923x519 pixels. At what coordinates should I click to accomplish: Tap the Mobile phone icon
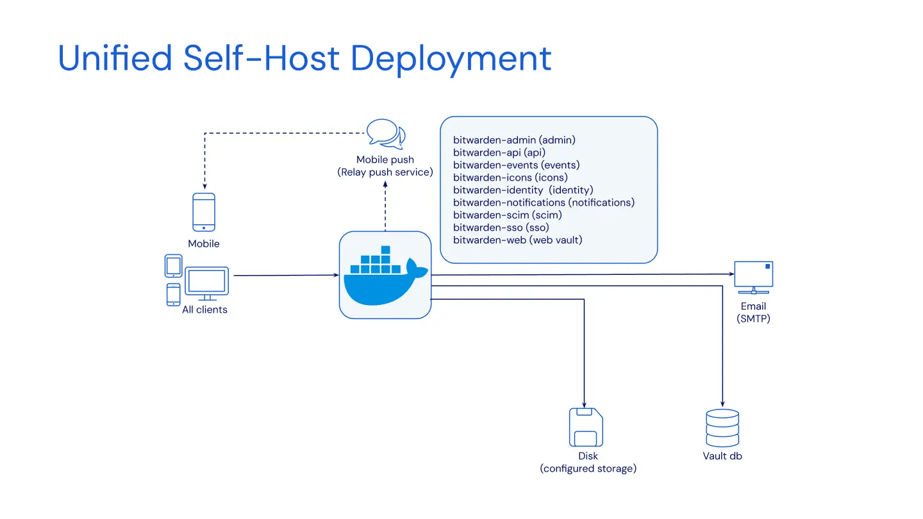204,212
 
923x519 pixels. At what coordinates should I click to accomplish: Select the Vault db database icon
722,428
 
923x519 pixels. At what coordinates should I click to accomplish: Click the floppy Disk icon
586,427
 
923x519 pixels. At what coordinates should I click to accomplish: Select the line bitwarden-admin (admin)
514,140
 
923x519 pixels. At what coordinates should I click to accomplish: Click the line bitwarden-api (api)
499,152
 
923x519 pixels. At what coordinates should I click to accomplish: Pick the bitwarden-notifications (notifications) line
544,202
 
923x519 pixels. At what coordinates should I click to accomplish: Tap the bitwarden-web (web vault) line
517,240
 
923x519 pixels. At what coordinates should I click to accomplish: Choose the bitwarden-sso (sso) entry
501,227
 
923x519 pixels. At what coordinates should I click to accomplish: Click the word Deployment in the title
451,59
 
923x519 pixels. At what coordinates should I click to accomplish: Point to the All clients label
204,309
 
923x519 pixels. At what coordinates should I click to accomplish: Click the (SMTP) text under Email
753,318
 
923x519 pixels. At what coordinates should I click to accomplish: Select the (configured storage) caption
588,468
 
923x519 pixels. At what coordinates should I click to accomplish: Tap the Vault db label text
722,456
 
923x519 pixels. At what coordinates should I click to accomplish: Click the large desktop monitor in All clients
206,283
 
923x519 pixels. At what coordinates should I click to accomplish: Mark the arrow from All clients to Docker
286,276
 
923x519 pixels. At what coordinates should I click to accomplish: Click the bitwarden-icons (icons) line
510,177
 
